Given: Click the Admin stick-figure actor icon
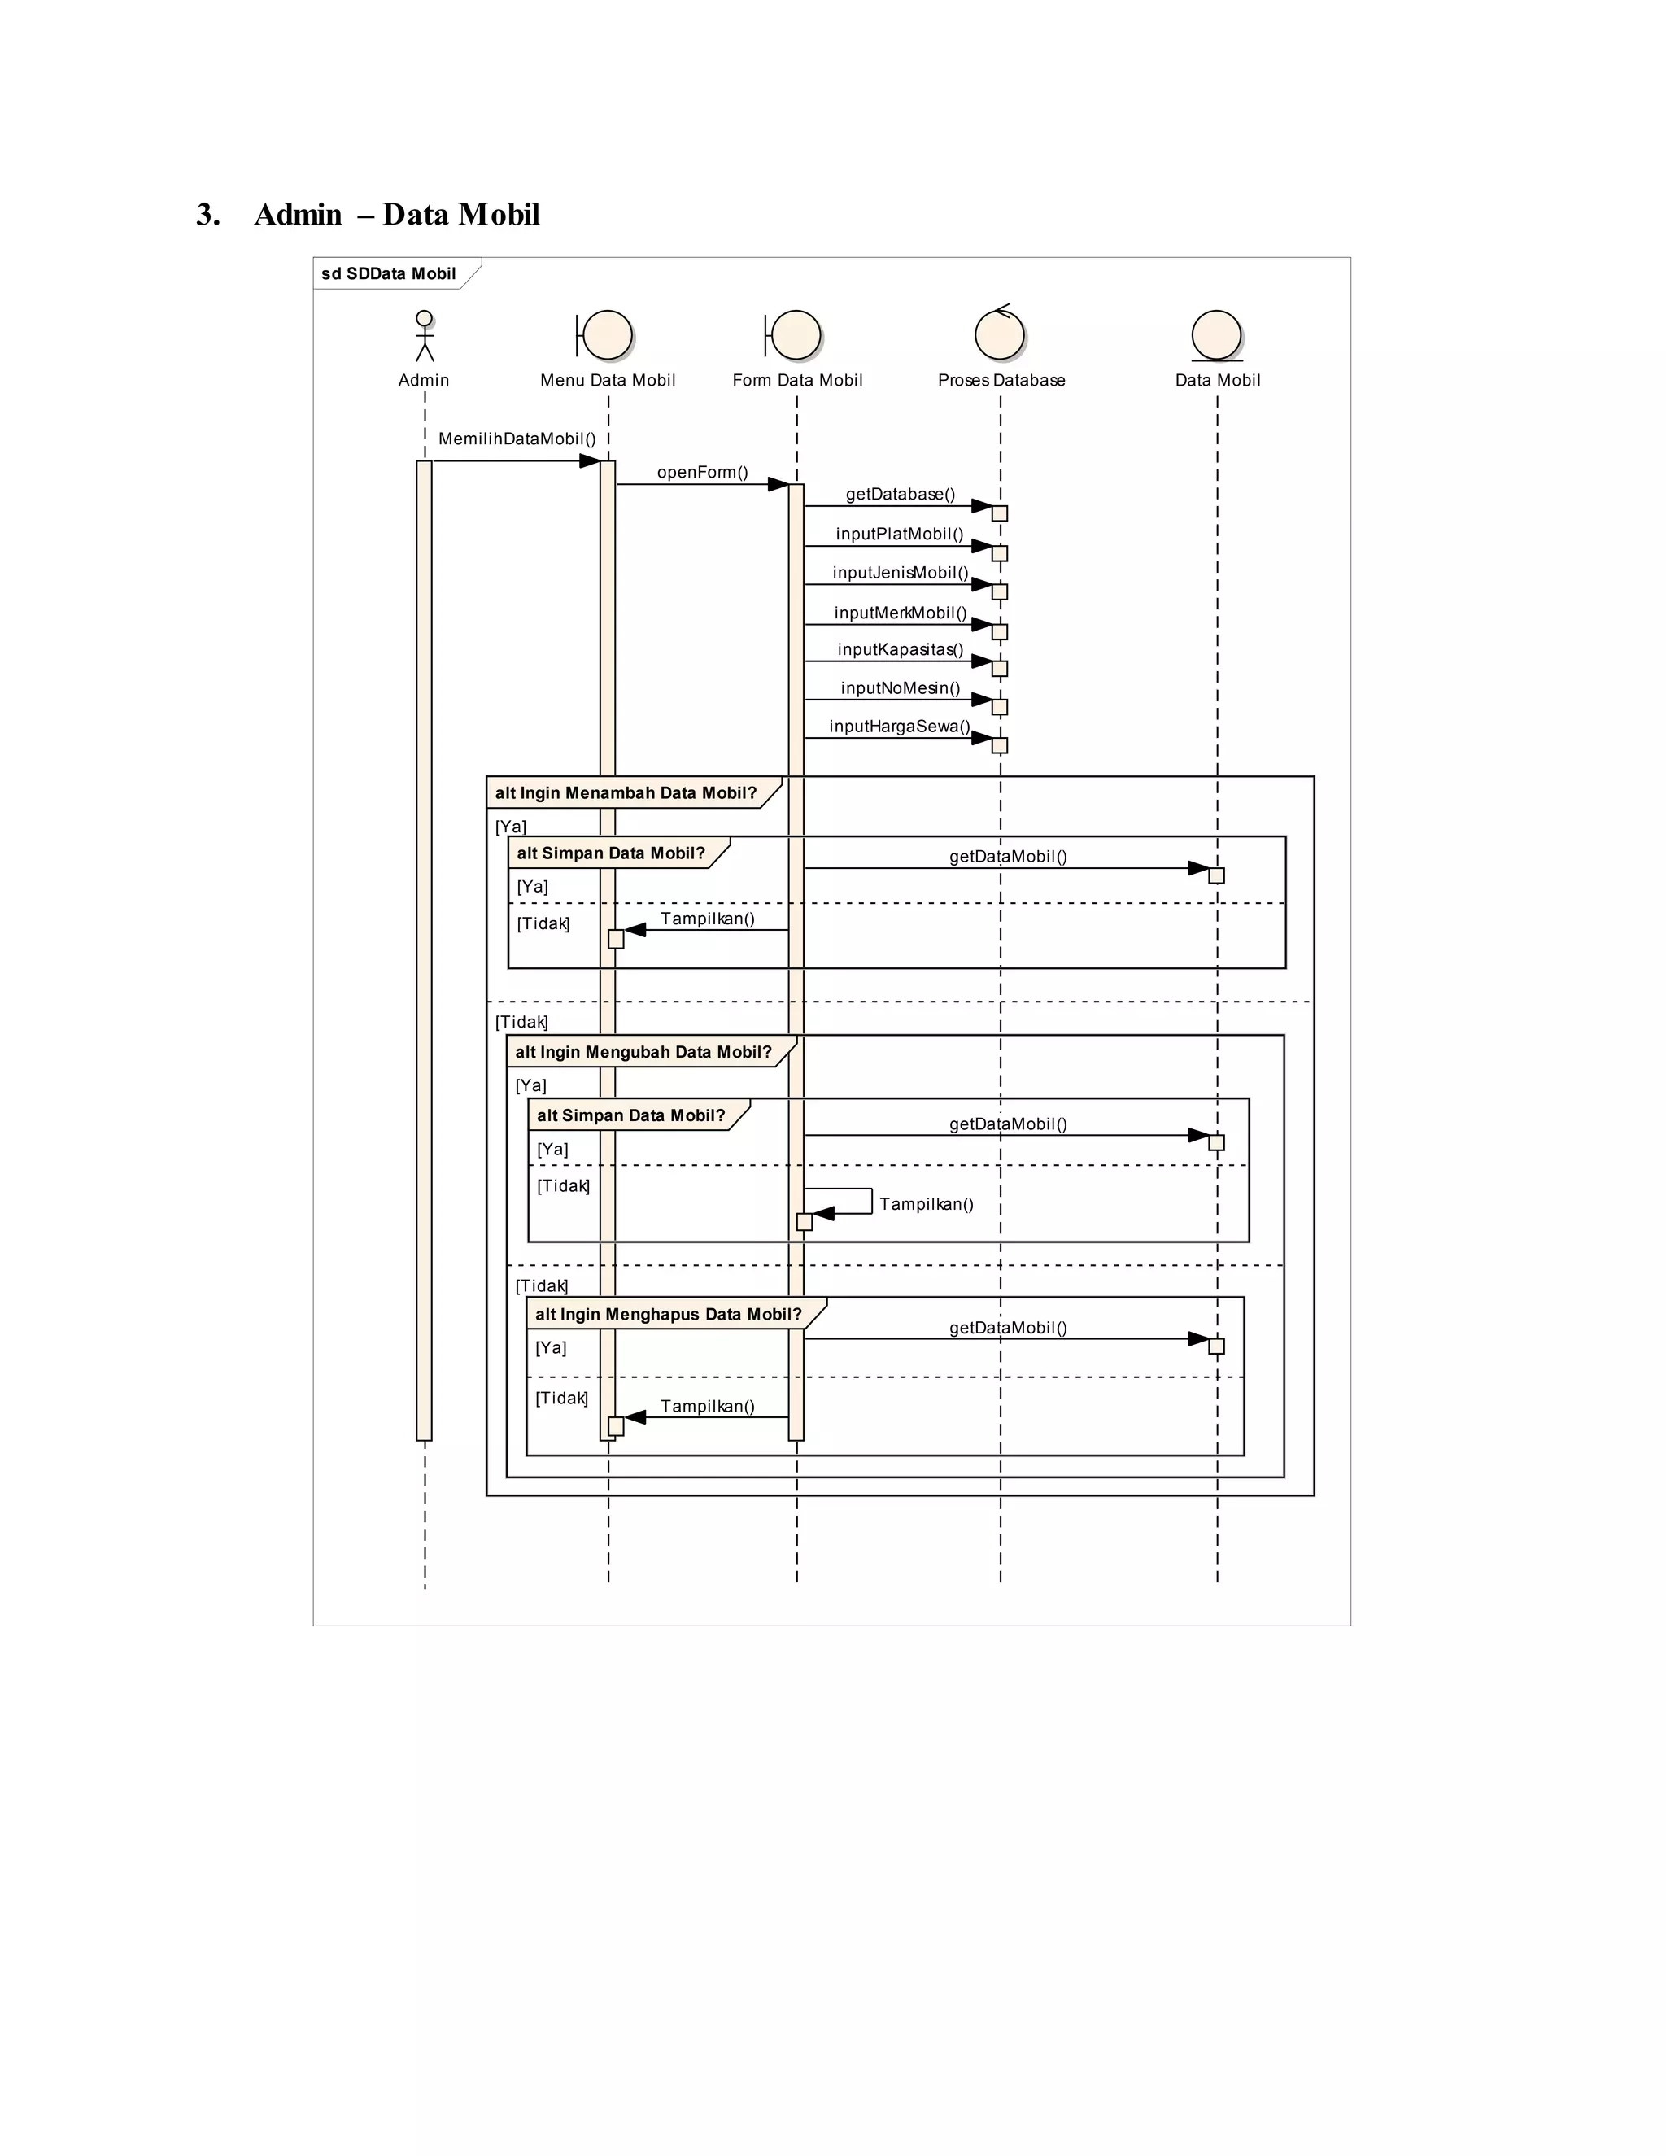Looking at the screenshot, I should pos(425,336).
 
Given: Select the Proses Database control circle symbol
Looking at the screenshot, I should pos(1000,334).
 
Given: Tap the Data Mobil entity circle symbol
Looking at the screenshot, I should pos(1216,336).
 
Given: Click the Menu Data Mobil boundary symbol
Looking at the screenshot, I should pos(605,336).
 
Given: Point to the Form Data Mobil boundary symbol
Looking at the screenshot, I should pos(793,336).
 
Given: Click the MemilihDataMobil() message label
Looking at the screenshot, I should pos(517,439).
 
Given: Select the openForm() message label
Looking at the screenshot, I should pos(703,472).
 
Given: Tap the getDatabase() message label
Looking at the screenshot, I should pos(901,494).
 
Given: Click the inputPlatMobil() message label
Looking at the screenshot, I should pos(899,534).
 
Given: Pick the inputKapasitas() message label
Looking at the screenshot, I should pos(901,649).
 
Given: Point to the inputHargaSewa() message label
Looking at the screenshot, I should pos(899,727).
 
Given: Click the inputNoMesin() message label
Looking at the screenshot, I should pos(901,688).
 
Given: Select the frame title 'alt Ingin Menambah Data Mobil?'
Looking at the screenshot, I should pos(626,792).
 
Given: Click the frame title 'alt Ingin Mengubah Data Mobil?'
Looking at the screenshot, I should pos(643,1052).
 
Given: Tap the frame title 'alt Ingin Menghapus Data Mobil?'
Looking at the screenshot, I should pos(668,1314).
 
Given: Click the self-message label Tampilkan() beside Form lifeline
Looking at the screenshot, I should pos(926,1204).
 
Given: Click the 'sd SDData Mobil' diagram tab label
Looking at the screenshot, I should pos(389,273).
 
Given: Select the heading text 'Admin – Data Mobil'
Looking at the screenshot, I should pos(397,214).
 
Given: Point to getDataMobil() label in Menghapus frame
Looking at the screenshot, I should pos(1008,1328).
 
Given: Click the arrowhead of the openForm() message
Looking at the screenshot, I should pos(778,485).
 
